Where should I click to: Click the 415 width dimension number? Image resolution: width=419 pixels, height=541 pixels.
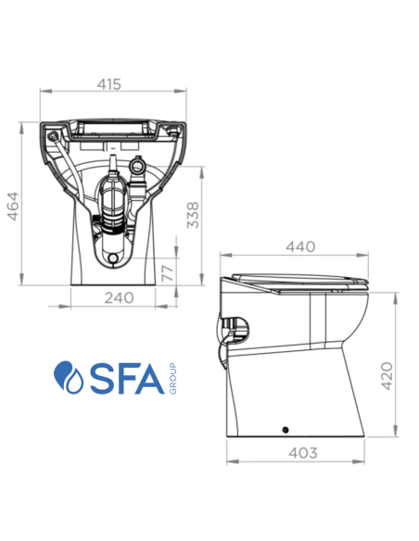(x=109, y=84)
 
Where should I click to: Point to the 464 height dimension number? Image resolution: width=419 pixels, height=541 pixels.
(x=14, y=205)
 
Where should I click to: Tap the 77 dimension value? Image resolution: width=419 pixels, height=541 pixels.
(x=168, y=272)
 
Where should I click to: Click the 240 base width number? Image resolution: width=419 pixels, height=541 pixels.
(x=119, y=298)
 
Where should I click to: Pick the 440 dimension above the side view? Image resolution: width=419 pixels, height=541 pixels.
(x=300, y=246)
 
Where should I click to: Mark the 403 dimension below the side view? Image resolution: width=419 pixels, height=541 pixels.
(x=302, y=453)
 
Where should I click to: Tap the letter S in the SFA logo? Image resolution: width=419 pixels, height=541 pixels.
(x=98, y=378)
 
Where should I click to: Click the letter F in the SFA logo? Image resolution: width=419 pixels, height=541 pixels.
(x=126, y=378)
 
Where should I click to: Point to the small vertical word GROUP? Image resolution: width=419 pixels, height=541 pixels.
(x=171, y=378)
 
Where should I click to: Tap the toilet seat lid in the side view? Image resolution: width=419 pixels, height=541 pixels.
(x=302, y=279)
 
